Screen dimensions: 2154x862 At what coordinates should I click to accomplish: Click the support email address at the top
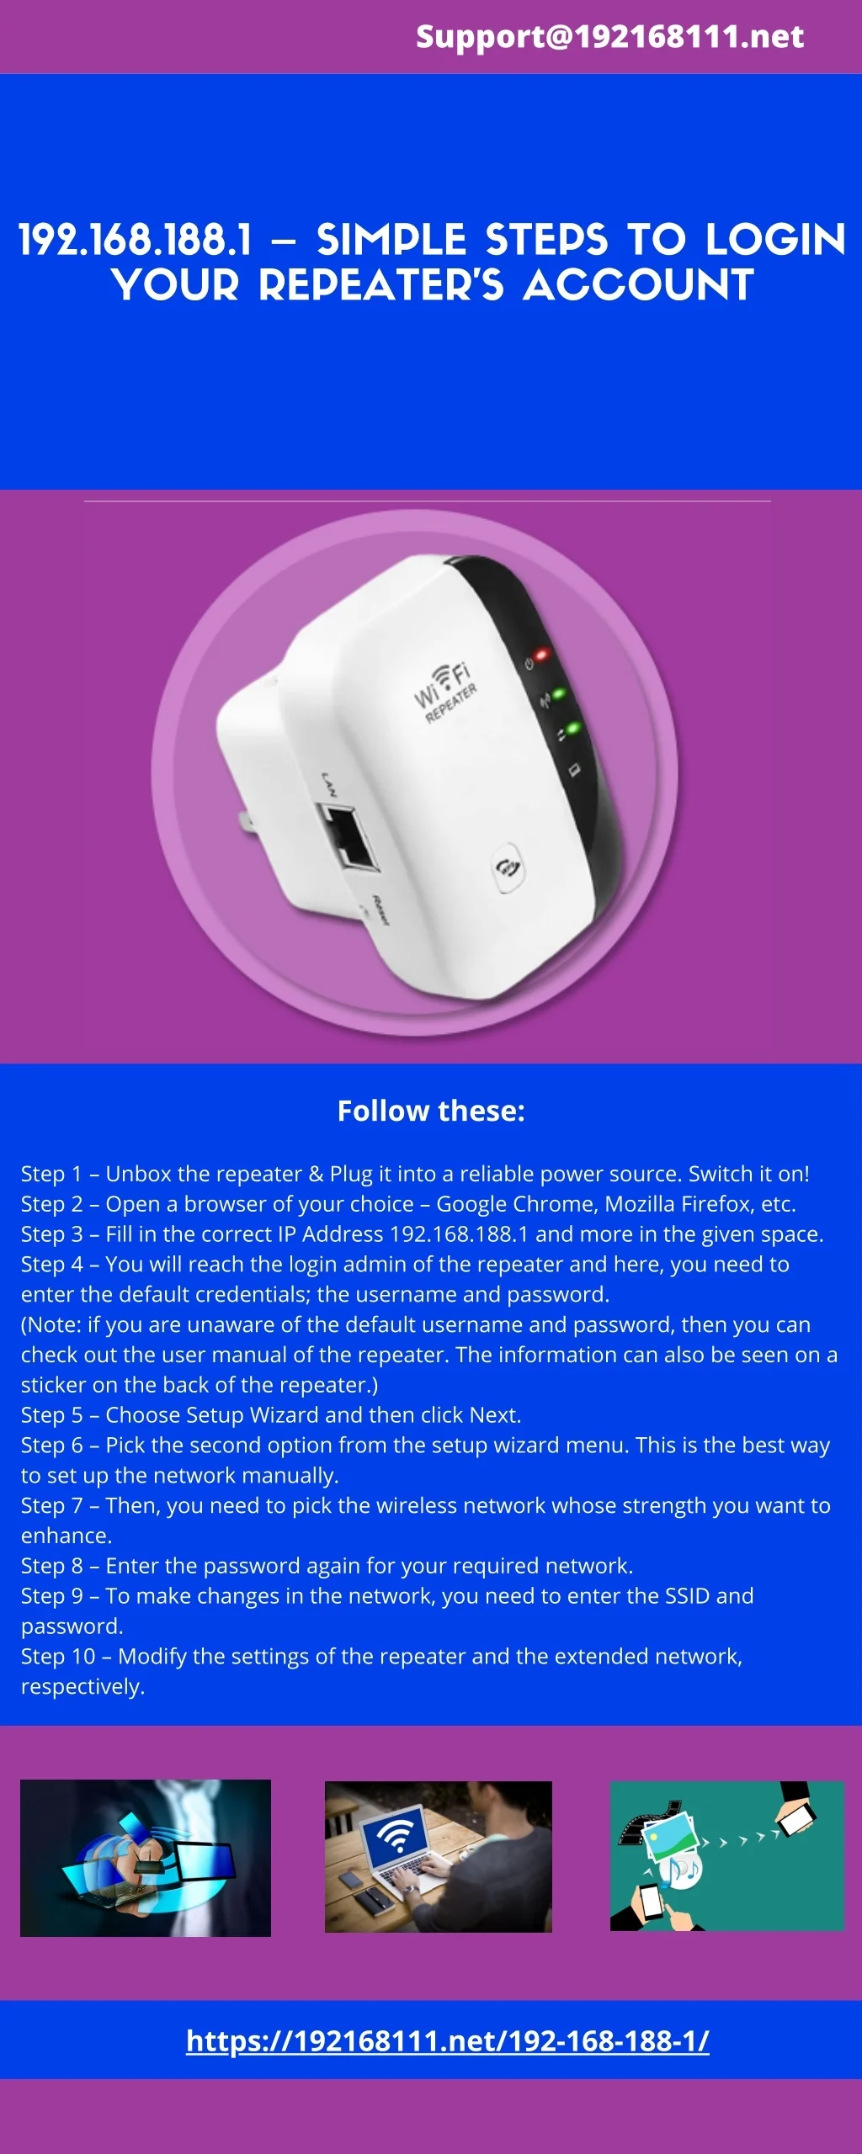[609, 36]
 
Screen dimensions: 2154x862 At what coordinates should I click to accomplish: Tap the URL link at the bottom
[447, 2040]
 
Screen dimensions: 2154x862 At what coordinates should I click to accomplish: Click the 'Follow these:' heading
[431, 1111]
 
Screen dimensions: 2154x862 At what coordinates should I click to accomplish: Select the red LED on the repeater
[540, 654]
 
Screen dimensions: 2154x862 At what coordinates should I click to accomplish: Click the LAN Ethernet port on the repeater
[348, 835]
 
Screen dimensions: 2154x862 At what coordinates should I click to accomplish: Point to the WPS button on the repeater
[507, 867]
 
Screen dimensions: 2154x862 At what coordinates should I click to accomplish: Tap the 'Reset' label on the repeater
[380, 911]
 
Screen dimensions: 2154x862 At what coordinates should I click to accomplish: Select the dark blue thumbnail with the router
[146, 1857]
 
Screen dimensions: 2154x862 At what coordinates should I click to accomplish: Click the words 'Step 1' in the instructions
[51, 1174]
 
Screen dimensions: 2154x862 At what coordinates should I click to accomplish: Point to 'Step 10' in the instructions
[58, 1656]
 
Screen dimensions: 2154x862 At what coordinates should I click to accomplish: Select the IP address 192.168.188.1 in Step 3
[459, 1234]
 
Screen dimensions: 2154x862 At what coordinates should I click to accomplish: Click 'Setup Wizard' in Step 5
[252, 1415]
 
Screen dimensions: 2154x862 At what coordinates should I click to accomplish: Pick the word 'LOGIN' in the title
[775, 240]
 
